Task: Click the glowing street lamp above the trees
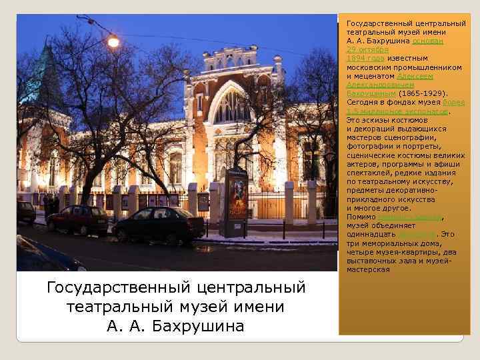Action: click(113, 42)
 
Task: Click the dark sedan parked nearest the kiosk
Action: click(159, 224)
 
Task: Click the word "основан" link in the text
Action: click(428, 41)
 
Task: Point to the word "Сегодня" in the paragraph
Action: click(363, 103)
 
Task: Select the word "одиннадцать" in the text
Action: click(370, 234)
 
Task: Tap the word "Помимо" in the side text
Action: click(361, 217)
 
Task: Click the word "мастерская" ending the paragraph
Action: click(368, 269)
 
